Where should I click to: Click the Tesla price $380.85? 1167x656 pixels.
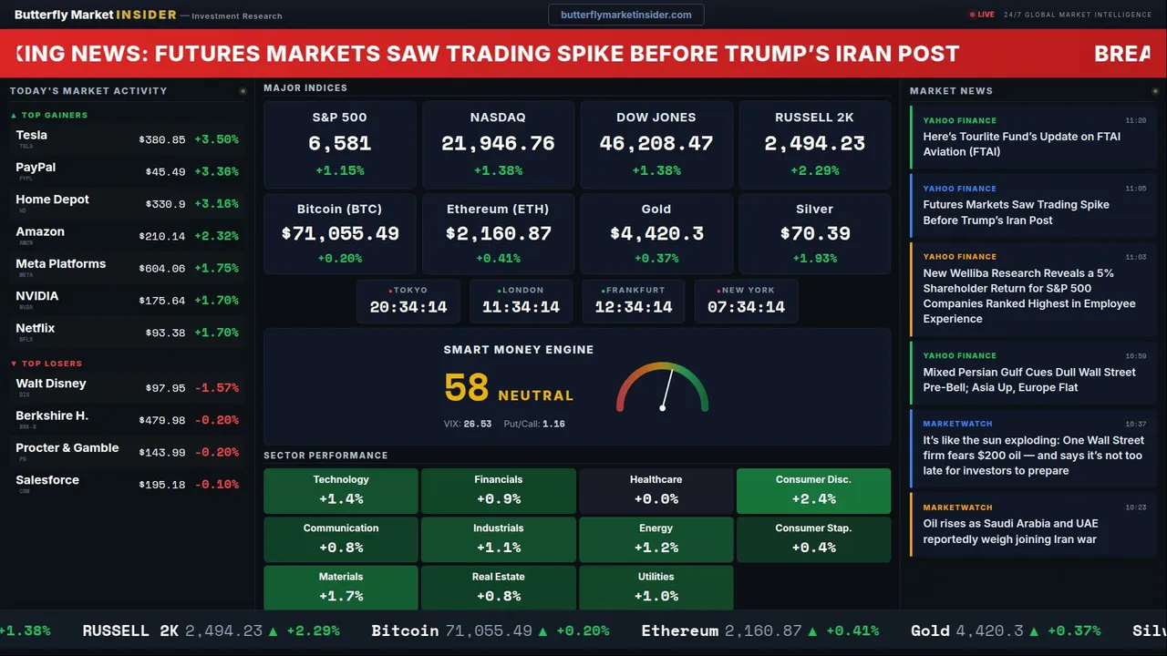(x=162, y=140)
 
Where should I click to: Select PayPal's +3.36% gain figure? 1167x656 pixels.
(x=217, y=172)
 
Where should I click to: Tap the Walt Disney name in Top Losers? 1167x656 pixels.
(x=51, y=384)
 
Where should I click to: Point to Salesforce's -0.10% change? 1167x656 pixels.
(x=217, y=485)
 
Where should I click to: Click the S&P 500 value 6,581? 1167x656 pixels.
(x=339, y=143)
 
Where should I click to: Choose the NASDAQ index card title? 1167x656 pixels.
(x=498, y=118)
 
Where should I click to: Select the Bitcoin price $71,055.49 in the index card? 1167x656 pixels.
(x=340, y=234)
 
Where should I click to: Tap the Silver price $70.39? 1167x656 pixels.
(x=815, y=234)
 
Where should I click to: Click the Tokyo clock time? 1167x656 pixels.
(x=408, y=307)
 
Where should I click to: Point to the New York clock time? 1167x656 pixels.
(x=746, y=307)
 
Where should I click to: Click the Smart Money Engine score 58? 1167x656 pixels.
(x=467, y=388)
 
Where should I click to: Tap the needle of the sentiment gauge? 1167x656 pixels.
(x=666, y=389)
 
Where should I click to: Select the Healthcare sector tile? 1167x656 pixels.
(x=656, y=490)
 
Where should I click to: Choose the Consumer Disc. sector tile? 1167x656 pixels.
(x=813, y=490)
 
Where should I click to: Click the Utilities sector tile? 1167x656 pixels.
(x=656, y=588)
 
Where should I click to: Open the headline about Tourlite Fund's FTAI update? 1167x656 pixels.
(x=1021, y=144)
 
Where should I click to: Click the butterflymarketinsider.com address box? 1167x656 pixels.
(x=625, y=15)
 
